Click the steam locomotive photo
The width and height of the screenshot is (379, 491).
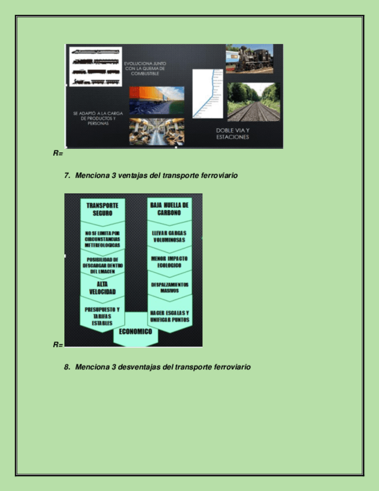click(x=249, y=58)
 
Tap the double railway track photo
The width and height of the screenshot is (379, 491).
click(x=253, y=102)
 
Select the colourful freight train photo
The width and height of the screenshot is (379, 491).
click(x=157, y=100)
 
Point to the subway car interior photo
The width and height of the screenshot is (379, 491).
click(x=157, y=131)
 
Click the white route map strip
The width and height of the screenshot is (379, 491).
click(x=208, y=94)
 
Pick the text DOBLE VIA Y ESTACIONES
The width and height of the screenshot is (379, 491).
click(x=233, y=134)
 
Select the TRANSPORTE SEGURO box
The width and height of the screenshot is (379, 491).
click(x=102, y=209)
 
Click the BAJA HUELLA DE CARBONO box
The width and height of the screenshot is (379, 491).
click(x=169, y=209)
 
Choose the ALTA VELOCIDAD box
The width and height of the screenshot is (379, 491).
click(x=102, y=288)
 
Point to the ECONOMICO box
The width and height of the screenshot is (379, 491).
click(x=135, y=332)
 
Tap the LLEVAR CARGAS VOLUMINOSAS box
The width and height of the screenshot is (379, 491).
click(x=169, y=236)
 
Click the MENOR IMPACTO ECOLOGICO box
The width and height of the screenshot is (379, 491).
click(x=169, y=262)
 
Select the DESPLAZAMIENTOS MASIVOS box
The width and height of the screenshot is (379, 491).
click(x=169, y=288)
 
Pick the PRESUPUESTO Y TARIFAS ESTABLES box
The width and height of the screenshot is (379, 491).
click(x=102, y=316)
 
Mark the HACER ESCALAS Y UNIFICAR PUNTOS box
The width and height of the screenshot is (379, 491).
click(x=169, y=316)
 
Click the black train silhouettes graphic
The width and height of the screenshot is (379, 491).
click(x=95, y=67)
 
